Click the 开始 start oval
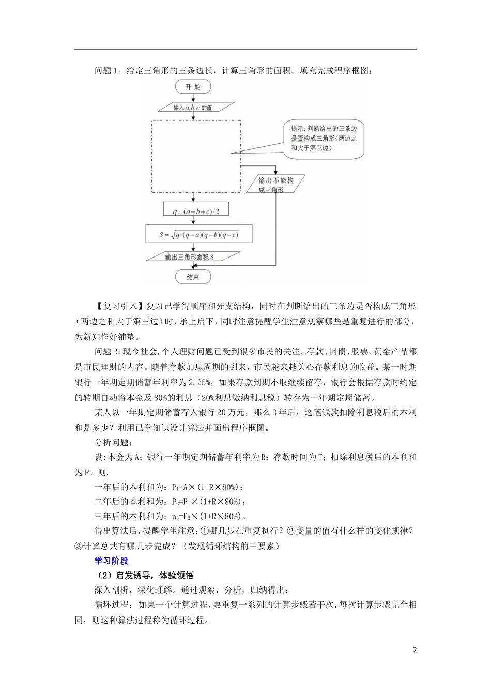[193, 87]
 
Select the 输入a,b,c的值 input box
[193, 108]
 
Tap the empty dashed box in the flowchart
[196, 157]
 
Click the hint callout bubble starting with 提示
[324, 139]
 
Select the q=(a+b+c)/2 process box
[195, 210]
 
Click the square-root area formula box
[198, 234]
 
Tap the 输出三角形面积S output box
[193, 256]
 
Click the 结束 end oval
[193, 277]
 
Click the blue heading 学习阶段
[111, 561]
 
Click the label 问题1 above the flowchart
[108, 71]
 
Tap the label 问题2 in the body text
[108, 352]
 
